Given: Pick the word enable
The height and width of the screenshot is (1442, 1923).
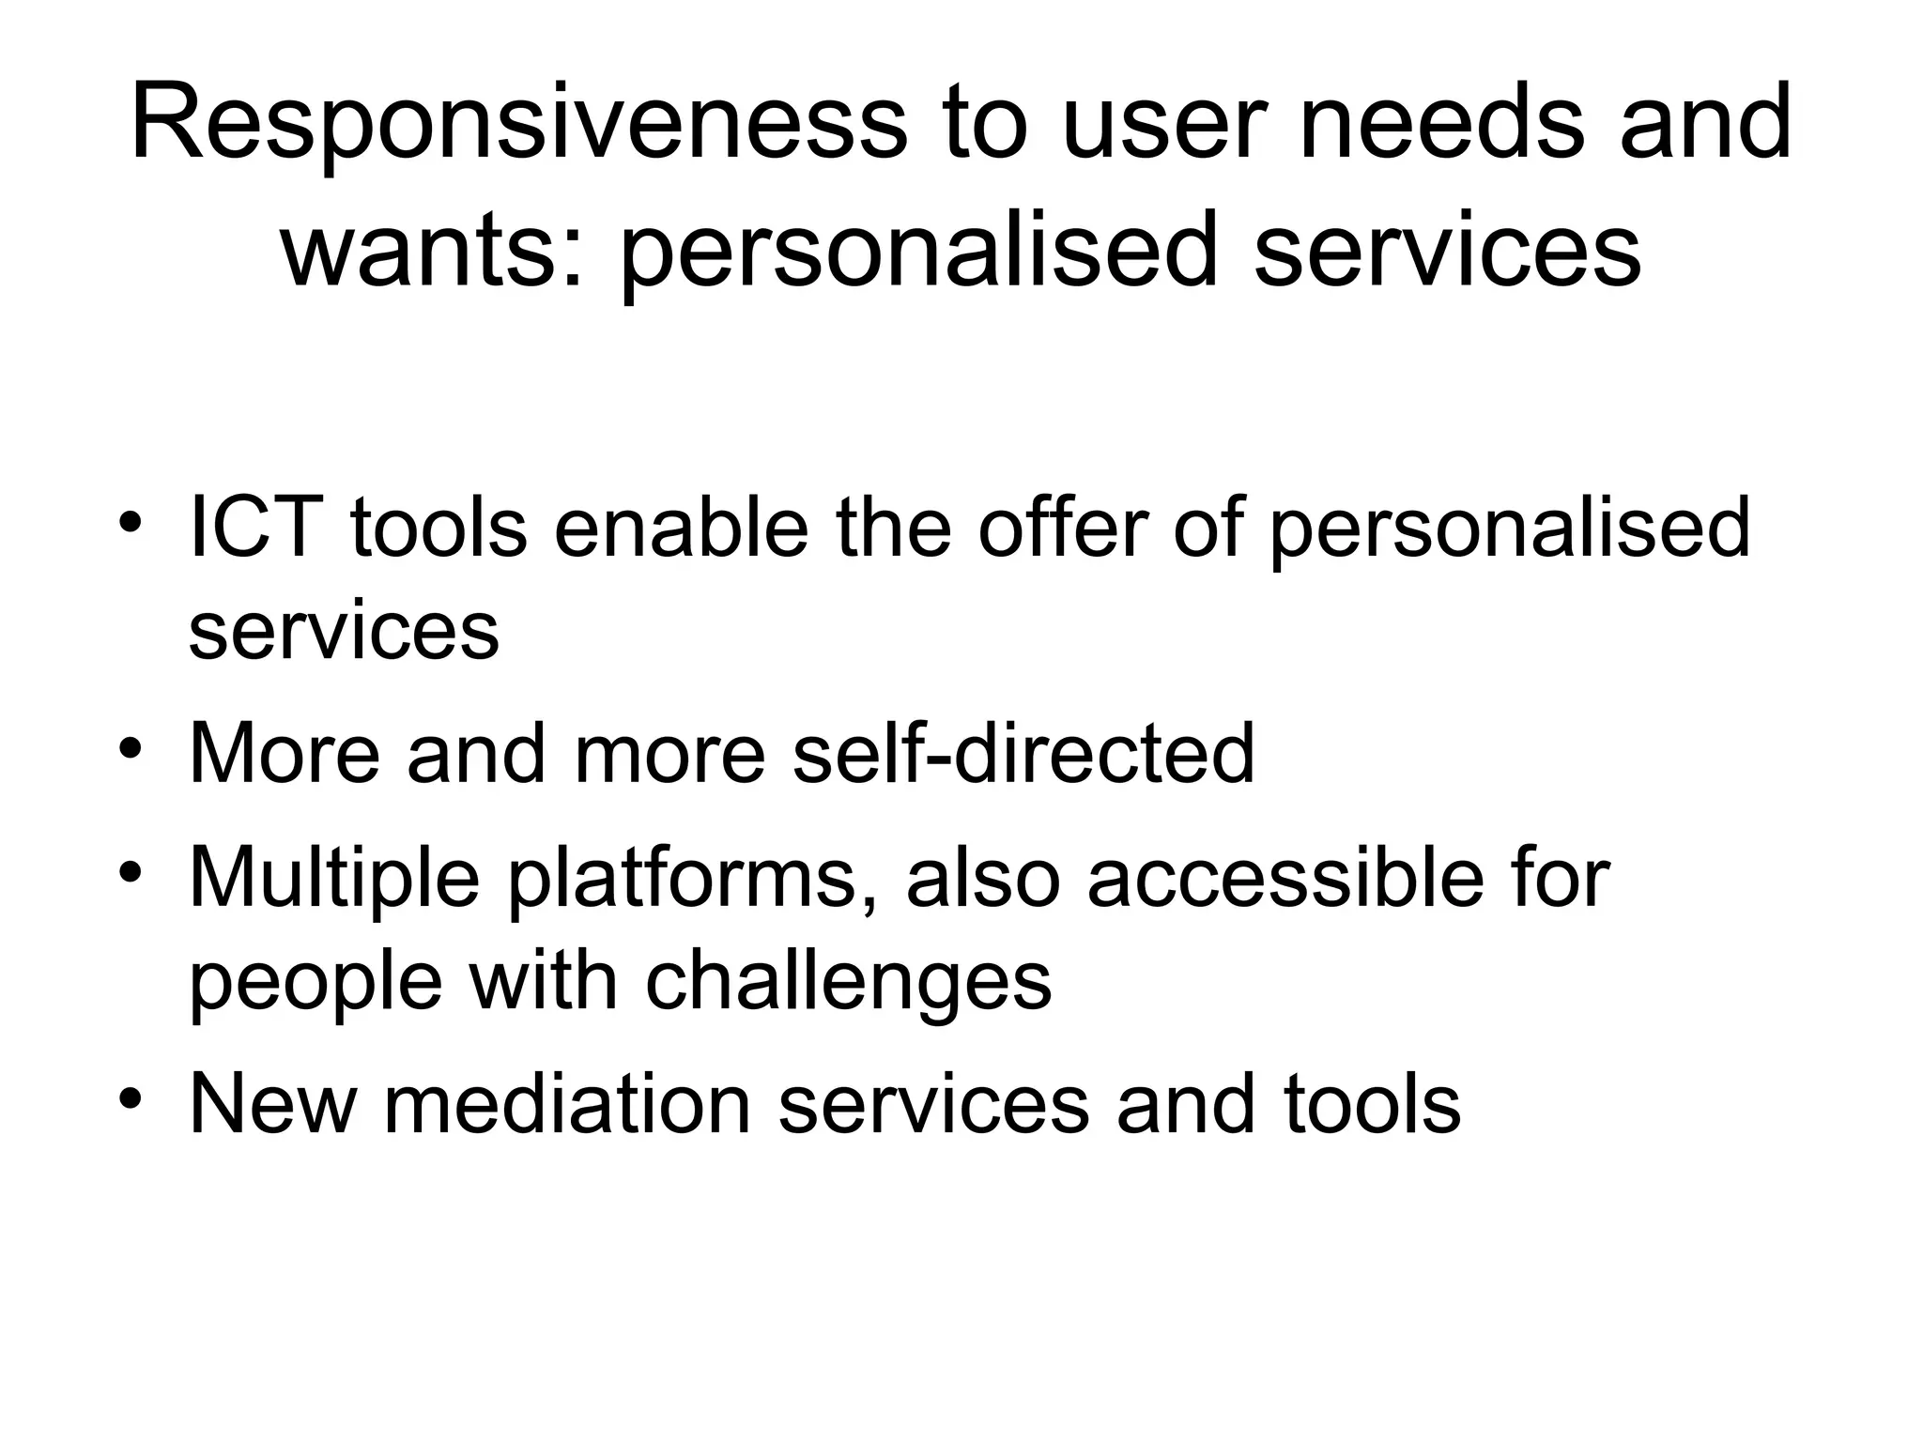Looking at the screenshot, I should pos(681,527).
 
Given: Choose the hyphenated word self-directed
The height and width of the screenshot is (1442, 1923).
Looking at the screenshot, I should pos(1023,753).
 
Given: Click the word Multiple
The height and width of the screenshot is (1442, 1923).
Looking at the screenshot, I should pos(334,881).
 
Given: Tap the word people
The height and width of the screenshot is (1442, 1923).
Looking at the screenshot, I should pos(315,984).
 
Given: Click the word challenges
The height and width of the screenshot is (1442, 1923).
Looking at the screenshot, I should pos(849,982).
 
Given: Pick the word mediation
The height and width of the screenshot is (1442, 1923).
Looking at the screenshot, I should pos(567,1104).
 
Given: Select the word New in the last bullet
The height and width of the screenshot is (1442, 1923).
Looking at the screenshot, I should pos(272,1104).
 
